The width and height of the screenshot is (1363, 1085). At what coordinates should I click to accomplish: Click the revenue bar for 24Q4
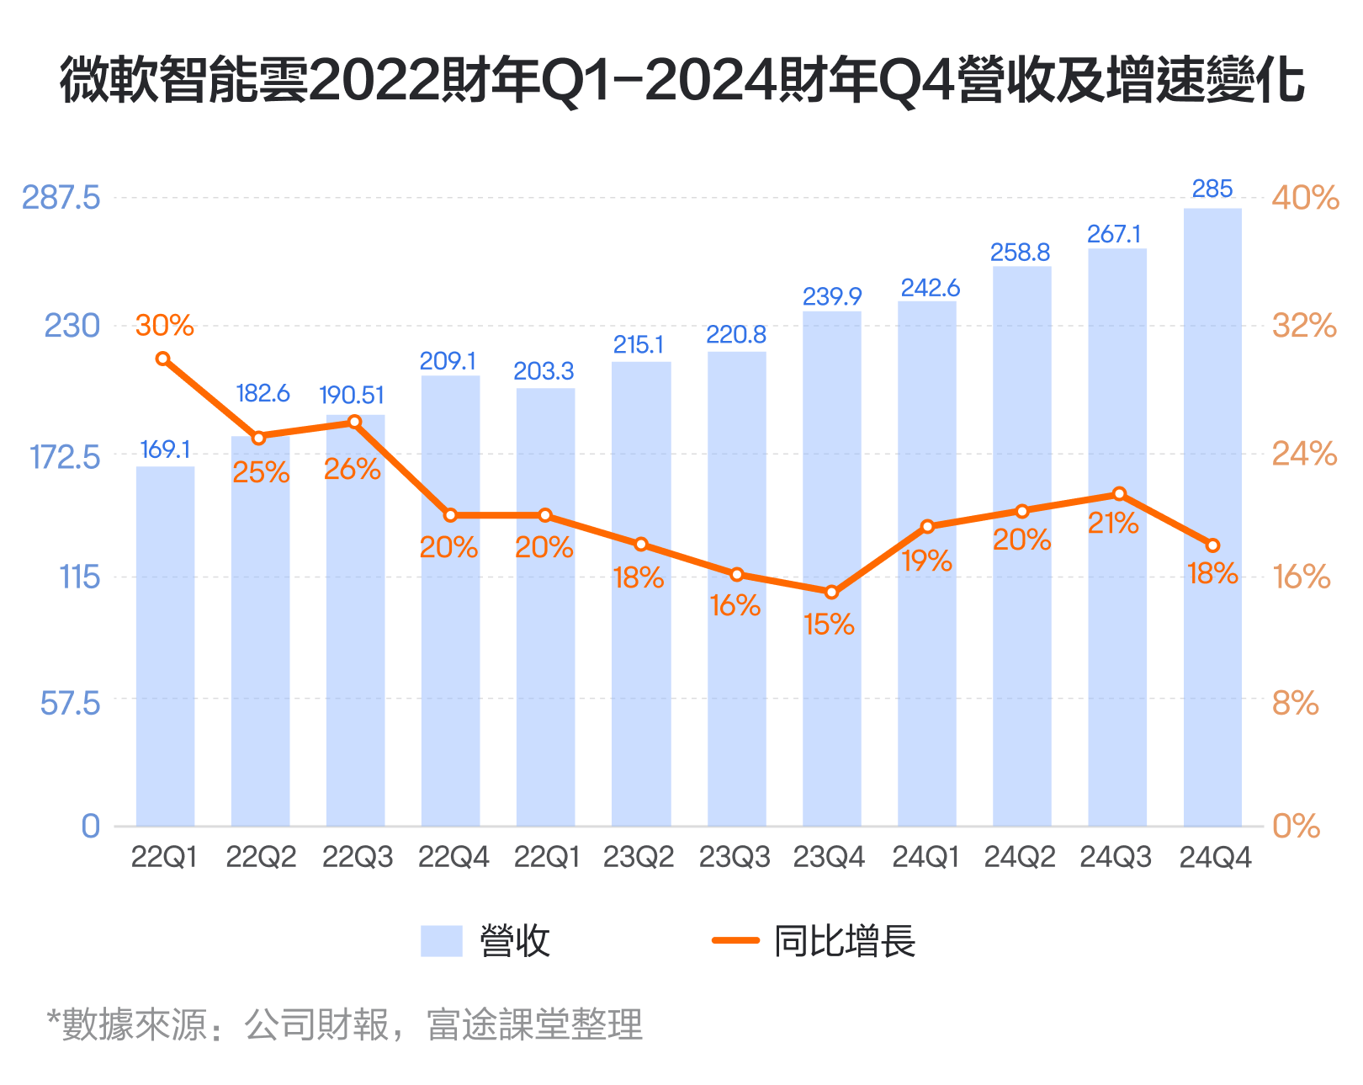click(x=1212, y=518)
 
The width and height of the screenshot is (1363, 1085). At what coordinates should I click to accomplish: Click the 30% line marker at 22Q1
click(x=163, y=359)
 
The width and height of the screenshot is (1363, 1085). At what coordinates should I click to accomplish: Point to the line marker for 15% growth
click(x=831, y=593)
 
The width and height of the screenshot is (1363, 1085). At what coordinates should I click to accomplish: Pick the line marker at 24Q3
click(x=1119, y=494)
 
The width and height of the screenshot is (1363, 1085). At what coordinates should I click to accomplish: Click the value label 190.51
click(x=352, y=395)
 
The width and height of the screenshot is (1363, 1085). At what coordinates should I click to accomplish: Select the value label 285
click(x=1212, y=189)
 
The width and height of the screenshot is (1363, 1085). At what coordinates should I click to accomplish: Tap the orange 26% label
click(x=352, y=469)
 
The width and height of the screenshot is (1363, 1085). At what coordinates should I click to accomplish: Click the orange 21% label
click(x=1112, y=524)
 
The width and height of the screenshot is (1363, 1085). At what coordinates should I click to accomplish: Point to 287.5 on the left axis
click(x=61, y=198)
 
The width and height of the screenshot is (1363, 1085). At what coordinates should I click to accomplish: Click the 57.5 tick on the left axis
click(x=70, y=702)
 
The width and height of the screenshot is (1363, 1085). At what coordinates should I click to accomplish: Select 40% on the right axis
click(x=1304, y=198)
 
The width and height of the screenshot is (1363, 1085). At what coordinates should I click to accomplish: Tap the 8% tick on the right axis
click(x=1295, y=702)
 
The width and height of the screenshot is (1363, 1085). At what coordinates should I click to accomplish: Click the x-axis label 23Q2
click(x=639, y=857)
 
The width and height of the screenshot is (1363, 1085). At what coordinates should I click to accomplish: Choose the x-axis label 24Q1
click(x=925, y=857)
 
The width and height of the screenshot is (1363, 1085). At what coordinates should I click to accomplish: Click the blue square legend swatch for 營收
click(x=442, y=941)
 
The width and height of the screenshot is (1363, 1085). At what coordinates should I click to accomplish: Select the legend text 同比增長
click(x=844, y=941)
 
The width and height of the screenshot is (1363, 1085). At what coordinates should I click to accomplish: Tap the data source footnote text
click(x=345, y=1024)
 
